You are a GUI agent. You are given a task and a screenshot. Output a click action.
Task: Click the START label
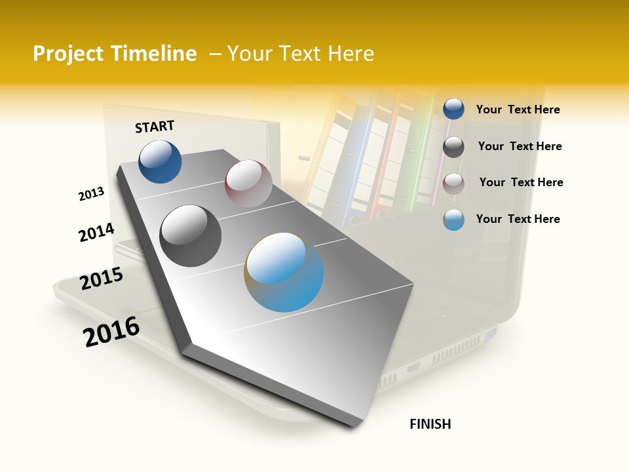(155, 127)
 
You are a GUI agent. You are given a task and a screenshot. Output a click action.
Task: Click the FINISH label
(430, 424)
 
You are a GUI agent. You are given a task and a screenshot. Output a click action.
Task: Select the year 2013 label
(92, 194)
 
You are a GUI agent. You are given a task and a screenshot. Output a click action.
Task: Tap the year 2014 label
(96, 233)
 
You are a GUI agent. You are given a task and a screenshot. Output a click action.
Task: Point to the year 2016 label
(111, 331)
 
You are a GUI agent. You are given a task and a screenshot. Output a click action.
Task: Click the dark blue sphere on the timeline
(160, 162)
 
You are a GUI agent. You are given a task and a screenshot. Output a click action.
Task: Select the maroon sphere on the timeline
(248, 184)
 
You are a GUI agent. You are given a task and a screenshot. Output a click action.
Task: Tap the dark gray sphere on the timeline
(190, 235)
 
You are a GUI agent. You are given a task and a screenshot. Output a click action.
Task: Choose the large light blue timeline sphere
(284, 272)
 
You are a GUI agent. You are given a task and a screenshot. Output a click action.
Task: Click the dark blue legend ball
(453, 109)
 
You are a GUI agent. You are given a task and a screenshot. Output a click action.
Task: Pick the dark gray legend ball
(453, 147)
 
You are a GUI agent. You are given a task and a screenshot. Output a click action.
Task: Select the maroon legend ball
(453, 184)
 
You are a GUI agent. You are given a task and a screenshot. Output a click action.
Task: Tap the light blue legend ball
(453, 220)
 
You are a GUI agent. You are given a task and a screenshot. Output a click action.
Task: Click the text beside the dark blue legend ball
(518, 110)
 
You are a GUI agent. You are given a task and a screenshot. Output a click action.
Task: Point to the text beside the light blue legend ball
(518, 219)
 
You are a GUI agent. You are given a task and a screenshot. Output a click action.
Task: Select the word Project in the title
(68, 54)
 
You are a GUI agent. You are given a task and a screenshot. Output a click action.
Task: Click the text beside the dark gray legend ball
(520, 146)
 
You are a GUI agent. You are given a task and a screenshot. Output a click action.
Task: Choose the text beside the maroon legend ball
(521, 182)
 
